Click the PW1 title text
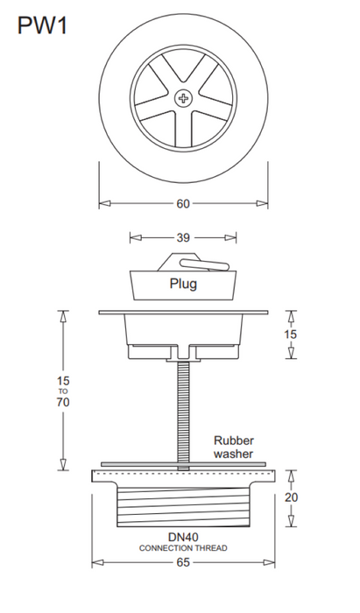[43, 26]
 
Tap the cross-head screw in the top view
[183, 98]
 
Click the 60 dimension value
[183, 204]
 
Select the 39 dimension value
[183, 237]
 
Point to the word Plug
[183, 284]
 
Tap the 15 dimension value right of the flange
[290, 335]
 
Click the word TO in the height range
[63, 391]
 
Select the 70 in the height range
[62, 402]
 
